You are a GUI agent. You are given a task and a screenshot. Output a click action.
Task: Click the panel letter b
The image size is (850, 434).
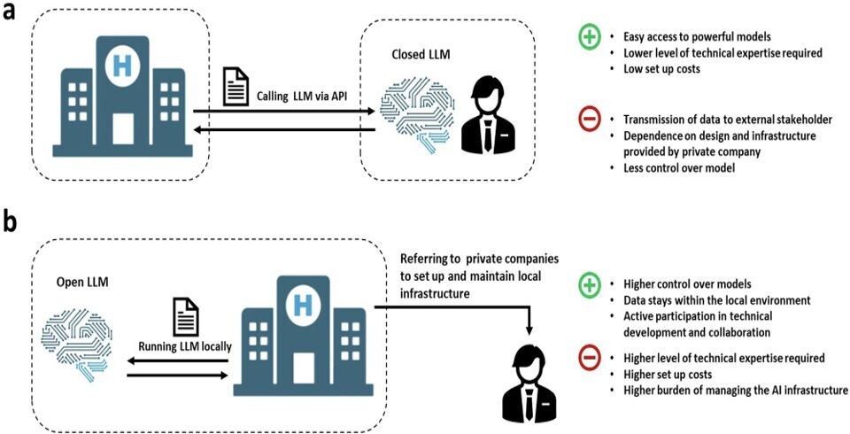point(10,221)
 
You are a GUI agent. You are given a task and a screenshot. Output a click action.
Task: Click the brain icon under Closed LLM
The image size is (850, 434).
point(413,112)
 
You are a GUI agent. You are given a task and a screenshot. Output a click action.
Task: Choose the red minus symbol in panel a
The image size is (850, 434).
point(589,120)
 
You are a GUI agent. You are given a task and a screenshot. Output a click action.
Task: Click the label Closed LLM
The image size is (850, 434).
point(421,55)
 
